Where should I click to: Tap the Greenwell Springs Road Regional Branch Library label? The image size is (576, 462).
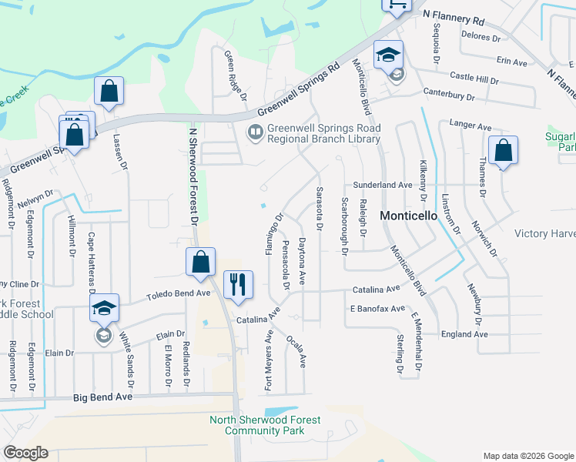323,134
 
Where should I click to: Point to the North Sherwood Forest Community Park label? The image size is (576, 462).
266,425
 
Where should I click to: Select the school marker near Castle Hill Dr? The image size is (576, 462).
389,56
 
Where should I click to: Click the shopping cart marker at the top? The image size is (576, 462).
396,5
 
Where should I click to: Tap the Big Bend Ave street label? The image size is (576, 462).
103,397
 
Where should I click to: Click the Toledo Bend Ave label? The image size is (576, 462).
179,293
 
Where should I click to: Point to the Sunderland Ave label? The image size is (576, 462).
383,186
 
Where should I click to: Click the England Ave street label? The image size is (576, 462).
464,334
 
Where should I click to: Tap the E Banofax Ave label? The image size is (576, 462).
377,309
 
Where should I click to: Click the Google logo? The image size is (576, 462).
25,453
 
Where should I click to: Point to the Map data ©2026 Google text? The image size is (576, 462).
527,456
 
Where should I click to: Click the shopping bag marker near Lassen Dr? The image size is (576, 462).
109,92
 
